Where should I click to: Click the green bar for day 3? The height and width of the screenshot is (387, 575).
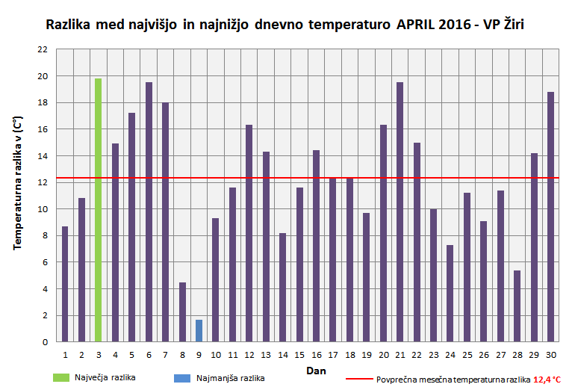pyautogui.click(x=99, y=210)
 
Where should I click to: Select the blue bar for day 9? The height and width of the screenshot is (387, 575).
pyautogui.click(x=199, y=330)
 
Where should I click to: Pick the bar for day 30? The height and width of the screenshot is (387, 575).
pyautogui.click(x=550, y=217)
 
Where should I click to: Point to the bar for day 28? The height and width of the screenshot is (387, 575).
pyautogui.click(x=517, y=306)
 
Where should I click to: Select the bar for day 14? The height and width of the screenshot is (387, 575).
pyautogui.click(x=282, y=287)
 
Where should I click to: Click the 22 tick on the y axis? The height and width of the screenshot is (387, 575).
pyautogui.click(x=42, y=49)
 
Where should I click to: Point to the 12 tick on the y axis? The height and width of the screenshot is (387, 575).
pyautogui.click(x=42, y=182)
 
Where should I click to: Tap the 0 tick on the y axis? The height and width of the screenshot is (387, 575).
pyautogui.click(x=44, y=342)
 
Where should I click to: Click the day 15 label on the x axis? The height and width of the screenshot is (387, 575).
pyautogui.click(x=299, y=354)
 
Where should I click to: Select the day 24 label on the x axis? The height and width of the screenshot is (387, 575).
pyautogui.click(x=450, y=354)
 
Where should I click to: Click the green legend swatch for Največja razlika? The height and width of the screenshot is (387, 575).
pyautogui.click(x=61, y=378)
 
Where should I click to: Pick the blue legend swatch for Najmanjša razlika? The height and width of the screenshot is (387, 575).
pyautogui.click(x=184, y=378)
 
